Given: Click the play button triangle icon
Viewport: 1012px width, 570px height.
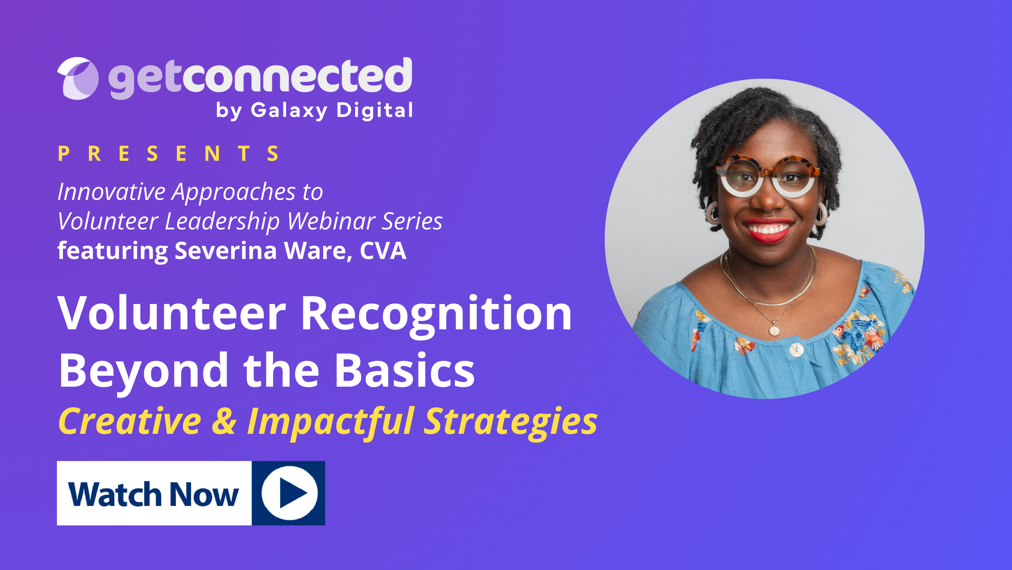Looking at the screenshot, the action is tap(292, 493).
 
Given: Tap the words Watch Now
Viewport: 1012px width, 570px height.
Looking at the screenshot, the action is tap(153, 494).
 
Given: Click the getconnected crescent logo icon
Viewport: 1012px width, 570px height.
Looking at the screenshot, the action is tap(78, 78).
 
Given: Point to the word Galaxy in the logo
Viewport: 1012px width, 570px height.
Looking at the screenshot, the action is tap(289, 110).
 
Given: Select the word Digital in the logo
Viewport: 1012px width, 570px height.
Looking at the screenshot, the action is tap(374, 110).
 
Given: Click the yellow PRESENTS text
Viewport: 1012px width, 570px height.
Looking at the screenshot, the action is tap(169, 153).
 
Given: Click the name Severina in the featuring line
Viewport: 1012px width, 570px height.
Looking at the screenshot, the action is tap(226, 251).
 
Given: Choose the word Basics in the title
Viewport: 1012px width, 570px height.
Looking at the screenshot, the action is tap(405, 370).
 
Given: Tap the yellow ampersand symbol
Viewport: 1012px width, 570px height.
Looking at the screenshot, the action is tap(224, 421).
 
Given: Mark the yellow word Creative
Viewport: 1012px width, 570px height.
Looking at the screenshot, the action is tap(130, 421).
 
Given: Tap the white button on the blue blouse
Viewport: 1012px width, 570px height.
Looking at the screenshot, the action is tap(796, 349).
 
